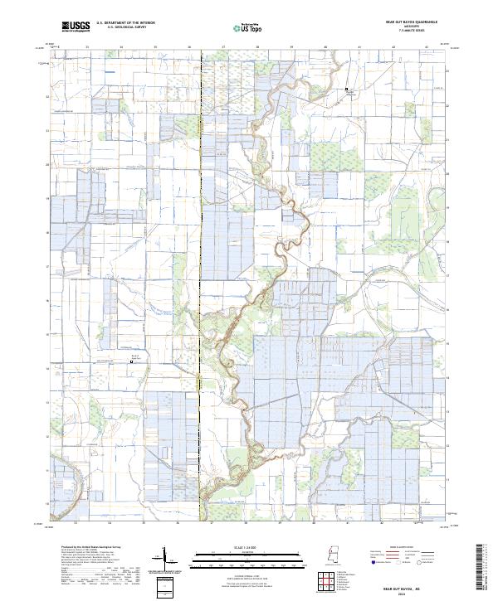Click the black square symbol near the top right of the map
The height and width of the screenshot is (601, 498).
point(348,89)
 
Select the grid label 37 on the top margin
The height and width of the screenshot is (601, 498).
point(223,47)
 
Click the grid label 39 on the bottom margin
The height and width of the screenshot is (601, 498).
point(281,523)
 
